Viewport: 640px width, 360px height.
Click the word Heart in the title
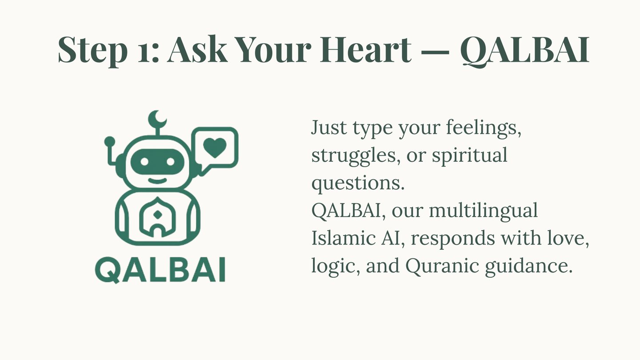point(366,49)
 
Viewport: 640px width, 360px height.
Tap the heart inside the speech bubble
point(215,148)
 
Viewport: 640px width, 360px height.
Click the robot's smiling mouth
point(157,180)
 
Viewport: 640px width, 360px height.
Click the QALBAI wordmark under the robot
point(160,270)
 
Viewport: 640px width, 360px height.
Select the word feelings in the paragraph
point(484,128)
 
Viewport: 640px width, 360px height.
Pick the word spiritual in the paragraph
point(469,156)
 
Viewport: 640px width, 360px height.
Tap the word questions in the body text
point(358,183)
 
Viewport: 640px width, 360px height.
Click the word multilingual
point(484,211)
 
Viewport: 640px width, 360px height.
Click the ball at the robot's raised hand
point(110,141)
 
